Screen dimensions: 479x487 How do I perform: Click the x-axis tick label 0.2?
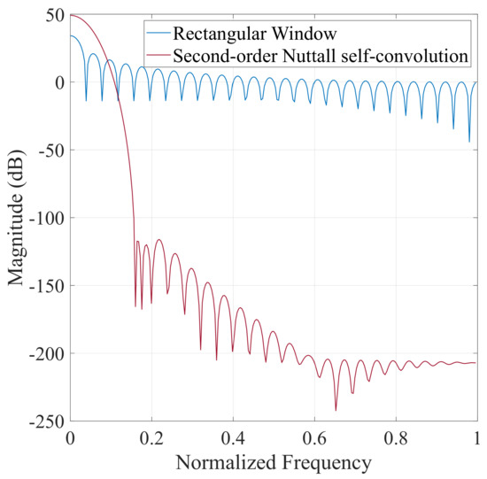[x=151, y=437]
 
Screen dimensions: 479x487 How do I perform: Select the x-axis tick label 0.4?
[x=233, y=437]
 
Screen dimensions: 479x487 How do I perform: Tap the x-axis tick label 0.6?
[x=314, y=437]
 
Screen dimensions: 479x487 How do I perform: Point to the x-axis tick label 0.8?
[x=396, y=437]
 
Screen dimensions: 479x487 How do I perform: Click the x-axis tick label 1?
[x=476, y=437]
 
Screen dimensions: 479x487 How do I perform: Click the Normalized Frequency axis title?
[x=274, y=461]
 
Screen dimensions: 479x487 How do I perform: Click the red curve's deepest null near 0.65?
[x=336, y=409]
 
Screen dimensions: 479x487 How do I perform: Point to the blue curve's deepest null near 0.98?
[x=469, y=141]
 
